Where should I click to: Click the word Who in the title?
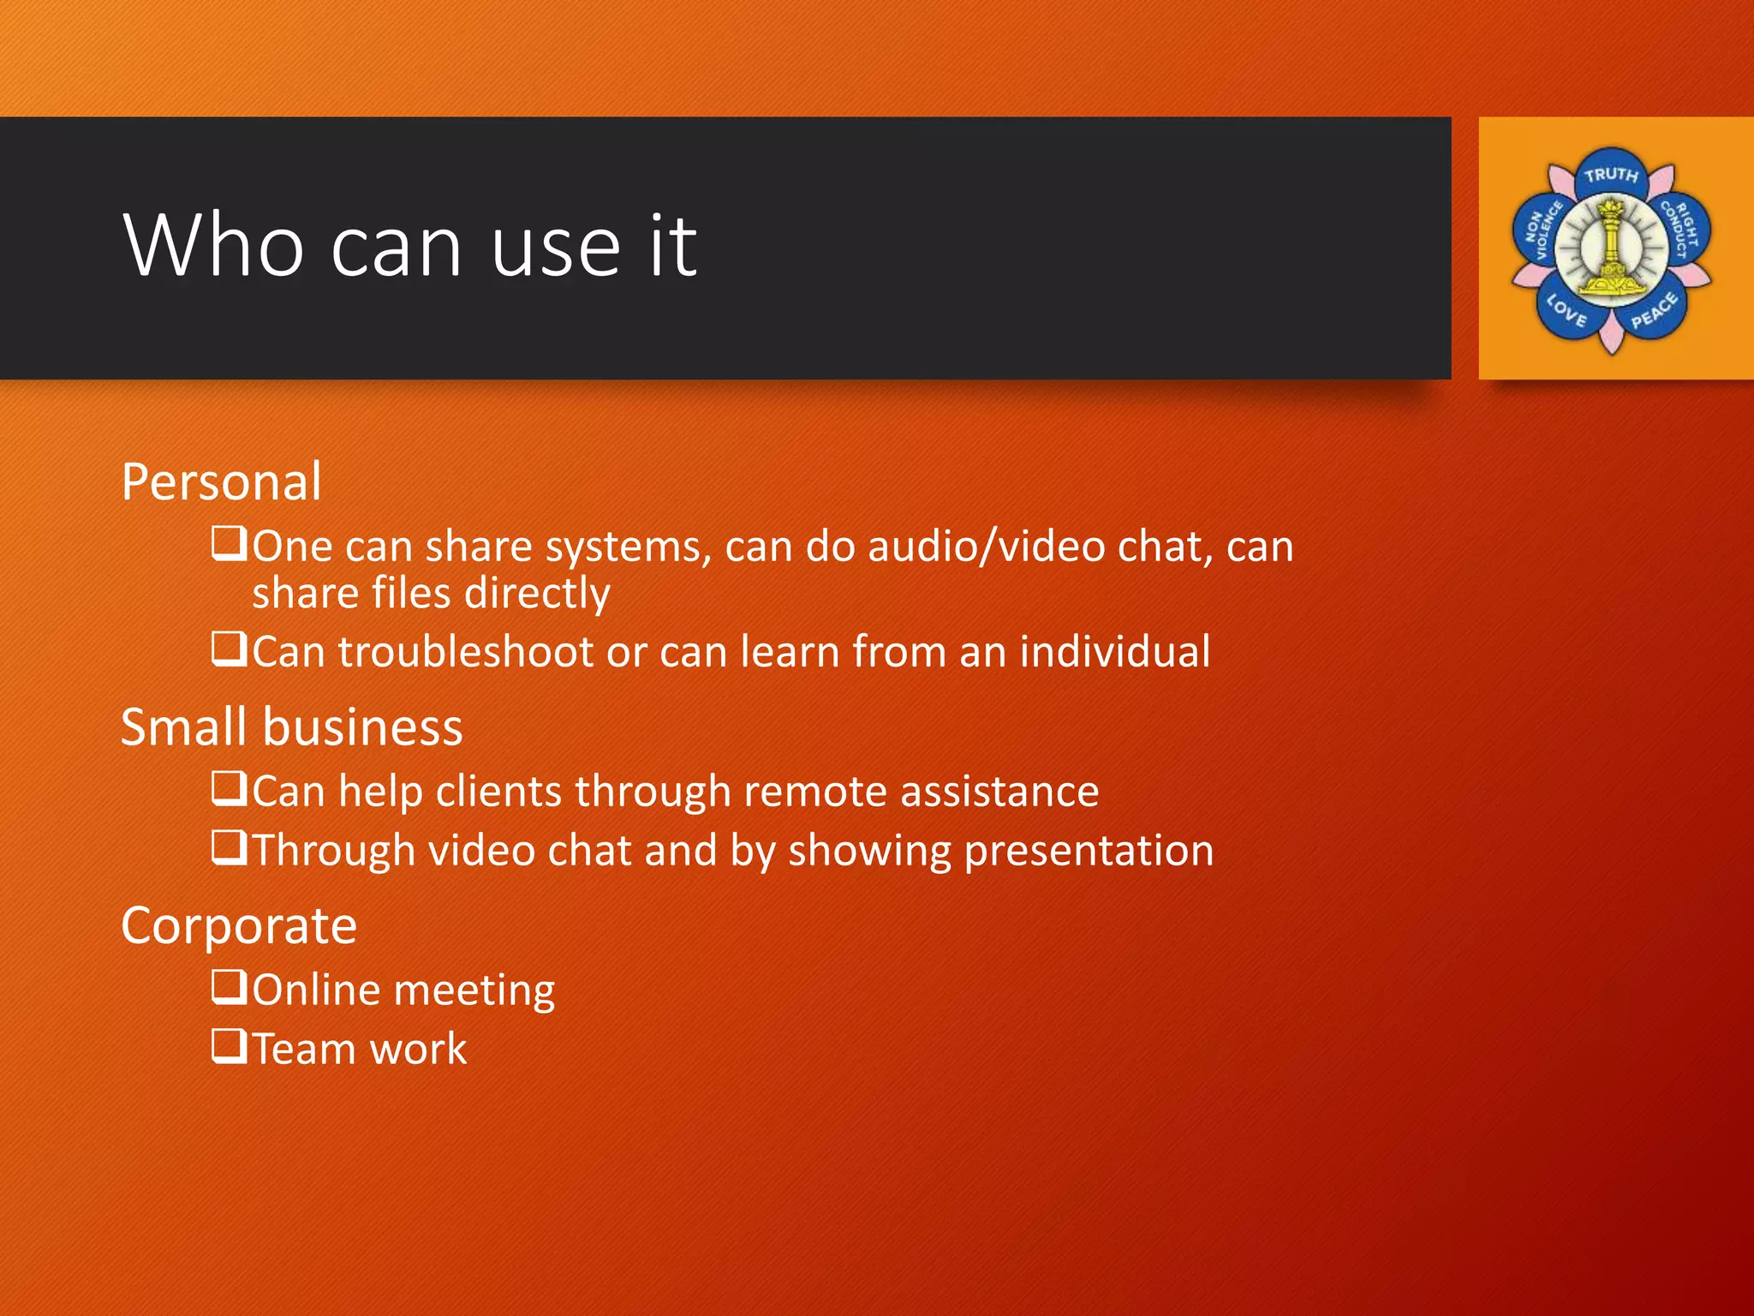tap(213, 246)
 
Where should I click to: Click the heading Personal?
tap(221, 482)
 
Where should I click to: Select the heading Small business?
tap(291, 727)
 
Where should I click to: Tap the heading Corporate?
tap(239, 926)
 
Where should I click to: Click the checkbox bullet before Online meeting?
tap(229, 987)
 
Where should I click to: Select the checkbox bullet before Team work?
tap(229, 1046)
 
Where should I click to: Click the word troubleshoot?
tap(466, 652)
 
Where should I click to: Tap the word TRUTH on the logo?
tap(1610, 176)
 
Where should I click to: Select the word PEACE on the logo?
tap(1654, 311)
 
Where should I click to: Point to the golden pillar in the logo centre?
tap(1611, 250)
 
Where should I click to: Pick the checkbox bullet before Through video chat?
tap(229, 848)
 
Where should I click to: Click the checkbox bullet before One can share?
tap(229, 544)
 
